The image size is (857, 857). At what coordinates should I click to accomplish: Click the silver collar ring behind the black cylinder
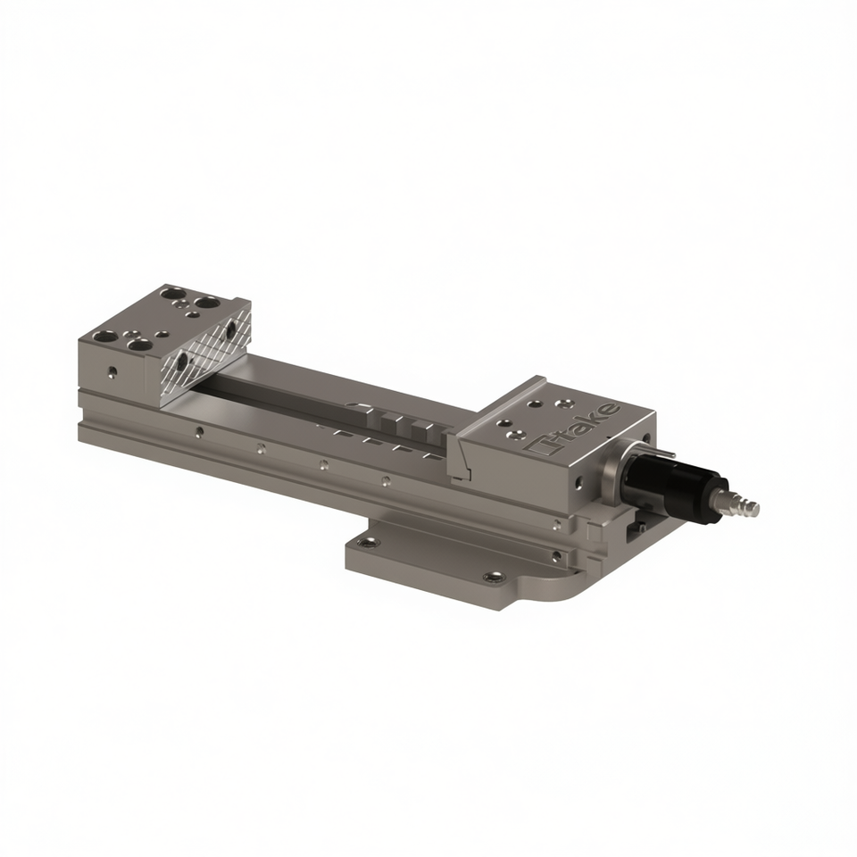point(616,466)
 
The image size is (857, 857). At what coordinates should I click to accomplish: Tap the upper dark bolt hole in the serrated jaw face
point(230,329)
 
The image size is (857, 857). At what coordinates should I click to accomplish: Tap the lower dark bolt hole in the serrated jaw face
point(182,361)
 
